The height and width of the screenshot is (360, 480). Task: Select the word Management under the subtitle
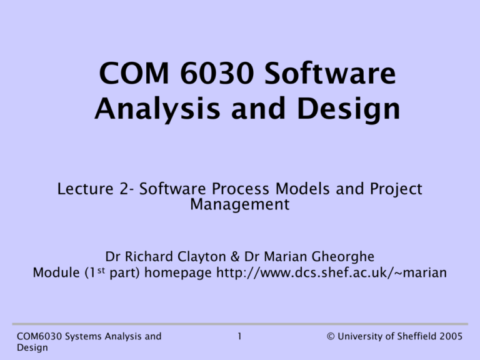click(240, 204)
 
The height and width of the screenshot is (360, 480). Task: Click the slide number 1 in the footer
click(240, 336)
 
